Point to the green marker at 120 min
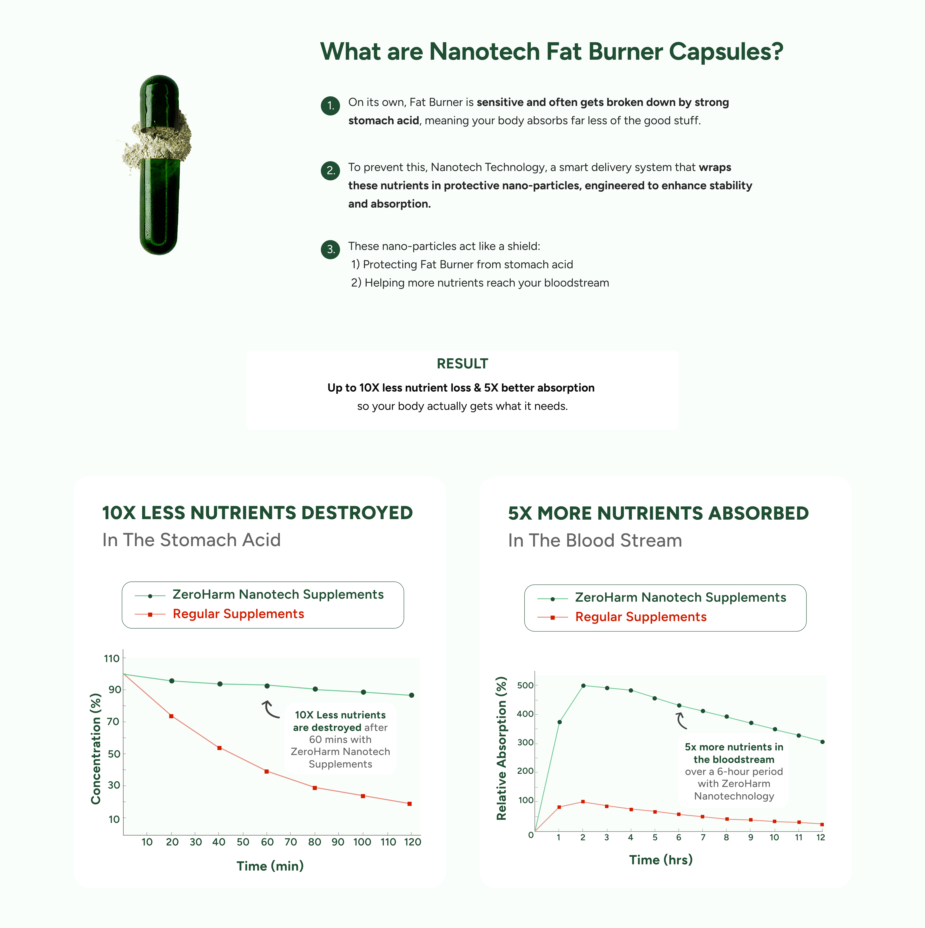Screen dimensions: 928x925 point(411,695)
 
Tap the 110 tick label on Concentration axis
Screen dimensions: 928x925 point(112,659)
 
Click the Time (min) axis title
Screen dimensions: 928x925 point(270,866)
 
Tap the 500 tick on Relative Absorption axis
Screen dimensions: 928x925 point(525,686)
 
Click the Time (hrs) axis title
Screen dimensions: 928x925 point(661,860)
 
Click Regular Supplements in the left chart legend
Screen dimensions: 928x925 point(238,614)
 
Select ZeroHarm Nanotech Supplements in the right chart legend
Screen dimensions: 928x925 point(681,598)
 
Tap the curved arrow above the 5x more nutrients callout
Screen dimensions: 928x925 point(681,720)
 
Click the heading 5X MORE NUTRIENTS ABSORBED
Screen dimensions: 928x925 point(658,513)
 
